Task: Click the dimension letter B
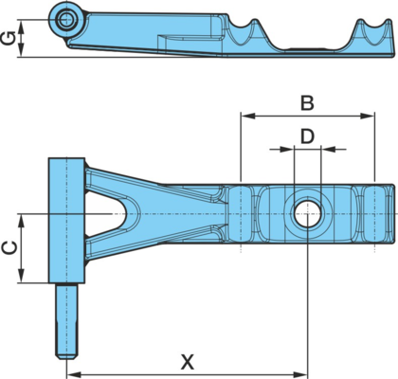click(x=307, y=103)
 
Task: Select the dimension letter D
click(x=307, y=136)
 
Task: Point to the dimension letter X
click(x=188, y=362)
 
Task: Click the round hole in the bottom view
click(x=307, y=213)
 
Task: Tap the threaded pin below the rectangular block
click(x=66, y=321)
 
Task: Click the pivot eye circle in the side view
click(x=65, y=20)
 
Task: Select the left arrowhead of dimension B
click(x=248, y=116)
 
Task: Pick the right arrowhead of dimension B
click(x=368, y=116)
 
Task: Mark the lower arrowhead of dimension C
click(x=21, y=276)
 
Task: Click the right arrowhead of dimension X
click(x=300, y=375)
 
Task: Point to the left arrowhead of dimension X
click(x=74, y=375)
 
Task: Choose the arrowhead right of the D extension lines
click(x=328, y=149)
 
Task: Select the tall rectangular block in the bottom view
click(x=66, y=221)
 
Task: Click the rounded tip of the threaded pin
click(x=66, y=356)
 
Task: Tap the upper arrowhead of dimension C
click(x=21, y=221)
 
